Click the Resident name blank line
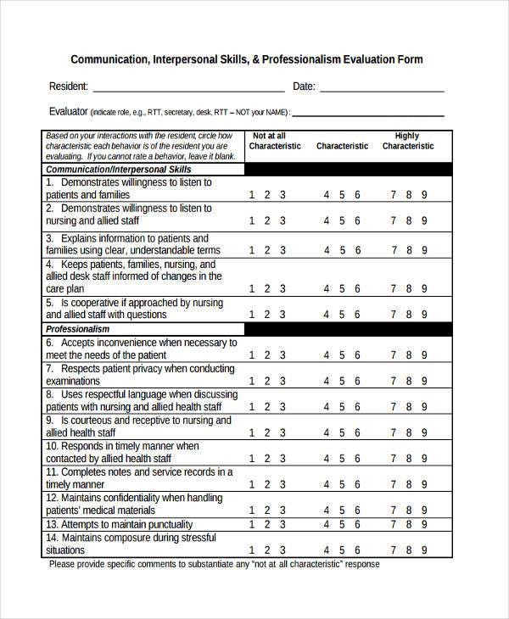[x=187, y=88]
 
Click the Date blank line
[x=381, y=88]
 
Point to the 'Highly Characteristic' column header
[x=407, y=141]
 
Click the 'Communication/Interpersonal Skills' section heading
[x=119, y=170]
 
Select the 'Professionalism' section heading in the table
[x=78, y=329]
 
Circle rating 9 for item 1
[x=424, y=195]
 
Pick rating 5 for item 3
[x=342, y=250]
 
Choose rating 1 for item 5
[x=252, y=314]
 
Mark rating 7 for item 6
[x=394, y=355]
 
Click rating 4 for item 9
[x=327, y=432]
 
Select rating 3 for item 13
[x=282, y=525]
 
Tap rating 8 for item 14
[x=409, y=550]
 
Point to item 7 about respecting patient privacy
[x=139, y=376]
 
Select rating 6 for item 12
[x=357, y=510]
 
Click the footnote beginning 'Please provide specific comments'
[x=214, y=565]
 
